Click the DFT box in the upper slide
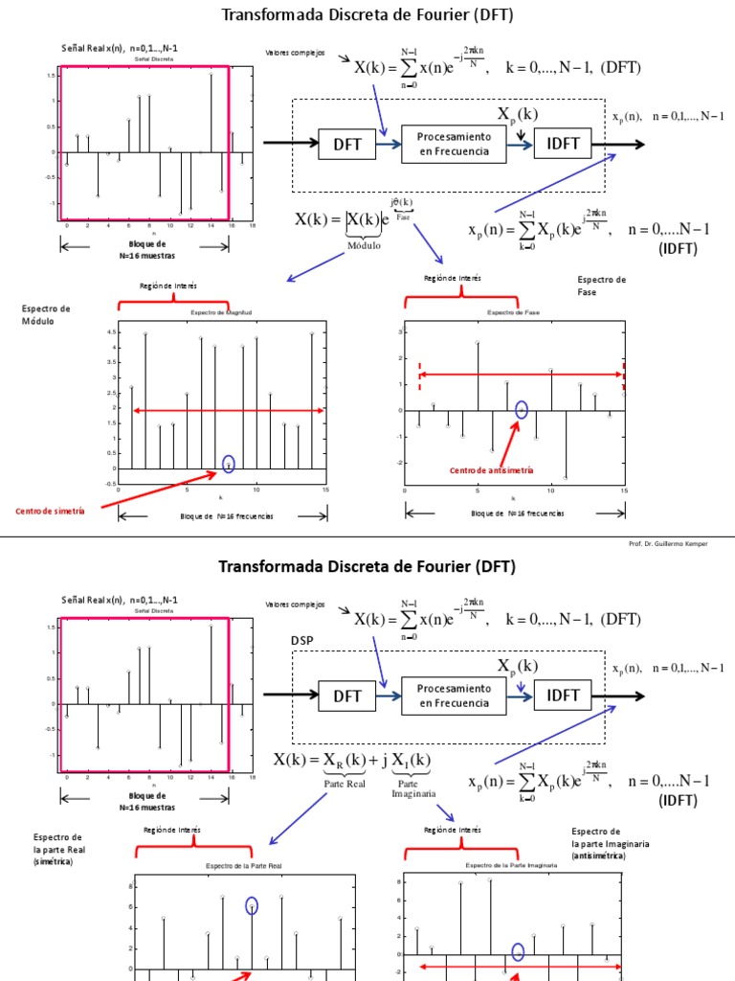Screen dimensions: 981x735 tap(346, 144)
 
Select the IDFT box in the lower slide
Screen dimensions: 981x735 tap(563, 696)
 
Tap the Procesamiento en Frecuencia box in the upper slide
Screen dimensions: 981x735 tap(454, 144)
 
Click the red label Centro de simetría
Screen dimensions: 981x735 tap(50, 512)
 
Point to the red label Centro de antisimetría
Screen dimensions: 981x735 tap(492, 470)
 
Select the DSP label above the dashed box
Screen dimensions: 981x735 tap(302, 640)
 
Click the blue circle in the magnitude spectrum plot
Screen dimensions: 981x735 tap(229, 464)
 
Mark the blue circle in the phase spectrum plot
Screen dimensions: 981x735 tap(522, 409)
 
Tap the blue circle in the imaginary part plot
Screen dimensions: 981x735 tap(518, 951)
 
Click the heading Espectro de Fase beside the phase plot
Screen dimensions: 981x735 tap(601, 285)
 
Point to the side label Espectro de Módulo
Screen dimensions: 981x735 tap(46, 314)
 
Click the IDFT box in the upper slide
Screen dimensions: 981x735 tap(563, 144)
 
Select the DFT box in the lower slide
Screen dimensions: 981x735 tap(346, 696)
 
